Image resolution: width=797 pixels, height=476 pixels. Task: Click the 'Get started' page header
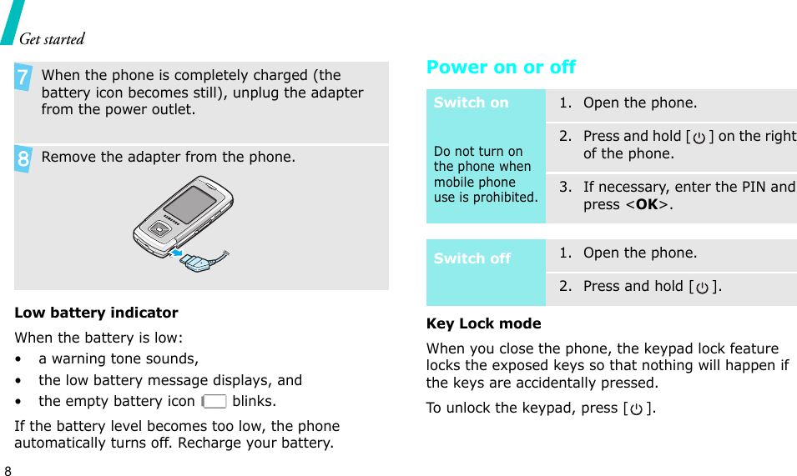(52, 38)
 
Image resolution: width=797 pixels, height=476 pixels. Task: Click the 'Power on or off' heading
(501, 68)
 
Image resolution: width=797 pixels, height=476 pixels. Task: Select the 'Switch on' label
(471, 103)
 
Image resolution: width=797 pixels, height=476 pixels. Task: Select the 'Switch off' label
(472, 258)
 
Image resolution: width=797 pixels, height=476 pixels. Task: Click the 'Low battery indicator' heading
(96, 313)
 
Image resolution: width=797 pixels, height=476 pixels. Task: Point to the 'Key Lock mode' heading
(483, 323)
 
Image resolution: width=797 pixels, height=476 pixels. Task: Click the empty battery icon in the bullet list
(214, 401)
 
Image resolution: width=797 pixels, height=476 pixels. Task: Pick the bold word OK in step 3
(646, 204)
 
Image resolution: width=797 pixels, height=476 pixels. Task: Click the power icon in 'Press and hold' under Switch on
(699, 137)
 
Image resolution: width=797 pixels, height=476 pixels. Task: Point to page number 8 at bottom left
(8, 469)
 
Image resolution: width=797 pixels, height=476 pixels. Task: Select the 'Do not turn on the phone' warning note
(485, 174)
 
